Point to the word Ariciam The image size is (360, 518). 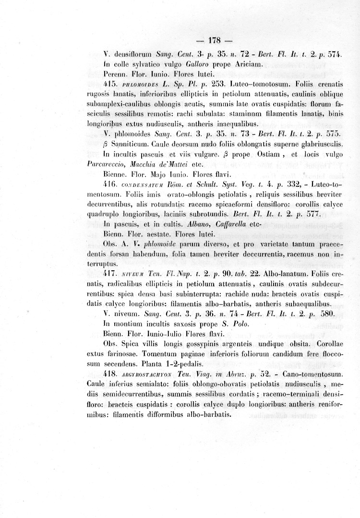pos(248,64)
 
